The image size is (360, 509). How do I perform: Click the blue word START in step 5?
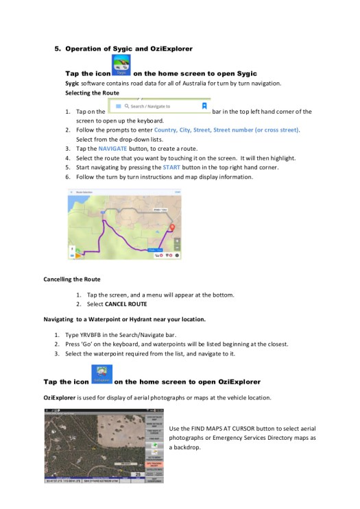[x=171, y=167]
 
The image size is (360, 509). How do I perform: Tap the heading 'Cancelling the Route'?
[x=72, y=280]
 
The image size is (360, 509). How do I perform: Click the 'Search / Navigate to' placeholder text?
[x=147, y=107]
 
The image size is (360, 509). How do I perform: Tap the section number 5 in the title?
[x=58, y=49]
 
